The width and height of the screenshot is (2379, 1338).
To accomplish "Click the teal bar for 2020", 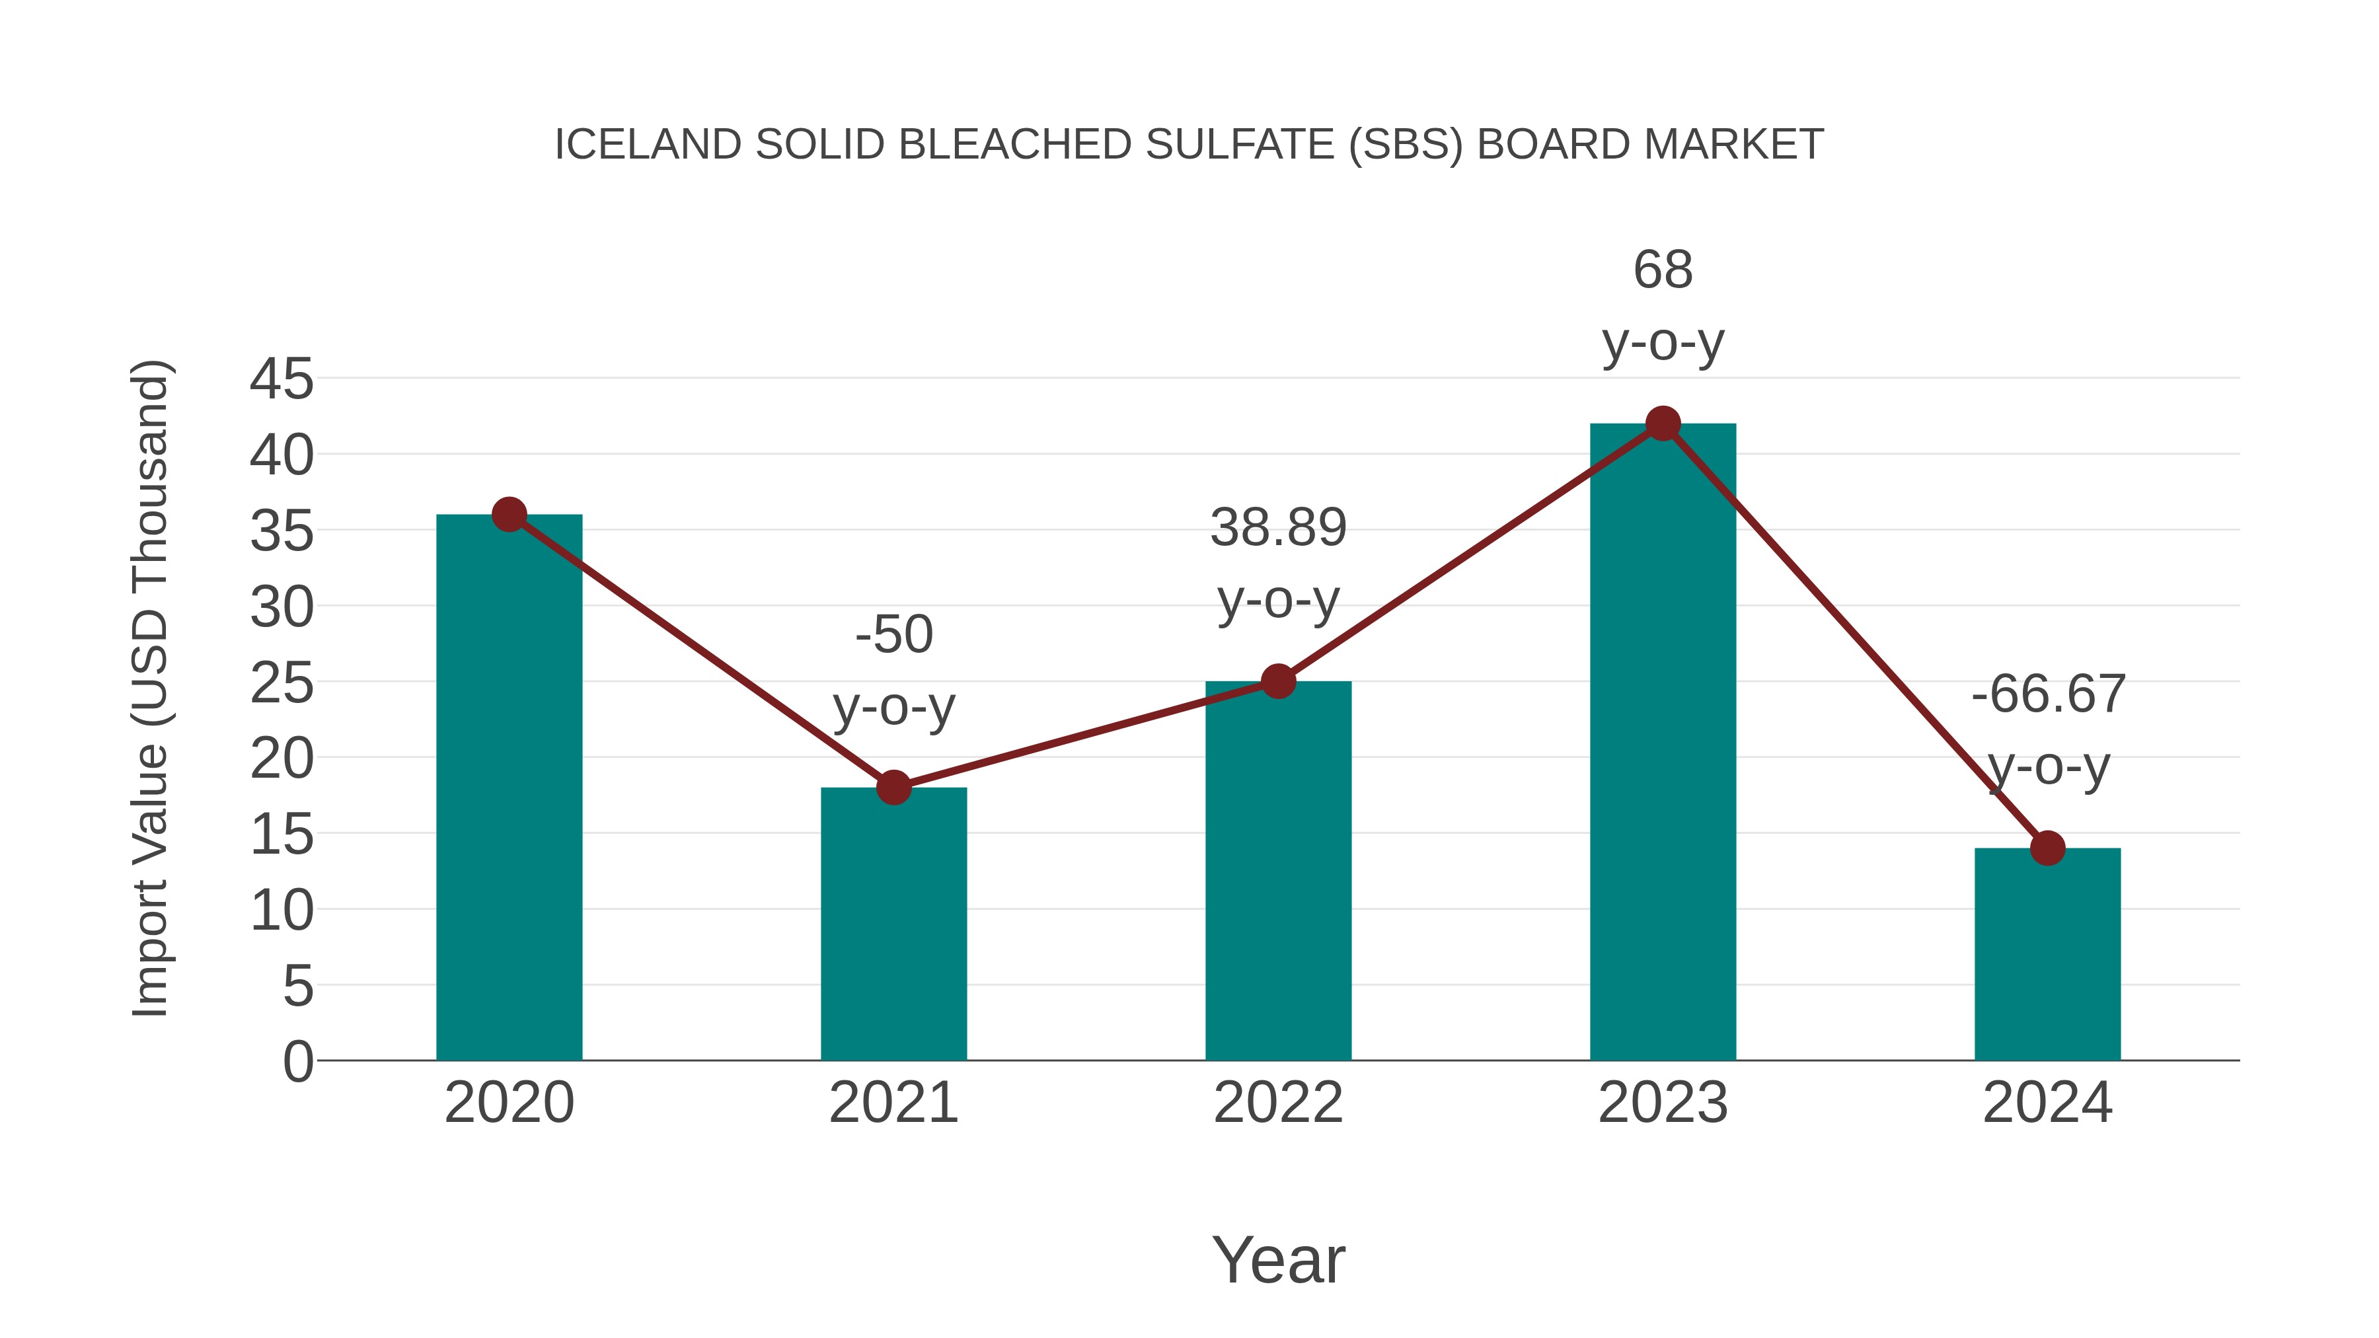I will click(x=509, y=794).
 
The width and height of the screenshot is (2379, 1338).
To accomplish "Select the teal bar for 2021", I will click(x=893, y=924).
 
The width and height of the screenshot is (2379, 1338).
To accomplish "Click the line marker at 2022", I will click(x=1278, y=681).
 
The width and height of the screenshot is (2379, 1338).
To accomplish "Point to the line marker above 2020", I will click(x=509, y=514).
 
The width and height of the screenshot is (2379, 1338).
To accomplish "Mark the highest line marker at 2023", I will click(x=1663, y=424).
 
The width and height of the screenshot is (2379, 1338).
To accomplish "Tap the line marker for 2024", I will click(x=2047, y=848).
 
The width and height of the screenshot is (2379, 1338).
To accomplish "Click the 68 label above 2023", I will click(x=1663, y=270).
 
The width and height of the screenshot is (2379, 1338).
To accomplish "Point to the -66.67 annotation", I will click(x=2047, y=694).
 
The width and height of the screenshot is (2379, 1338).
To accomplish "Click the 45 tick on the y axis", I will click(x=282, y=379).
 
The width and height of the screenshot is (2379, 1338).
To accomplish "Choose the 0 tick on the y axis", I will click(x=297, y=1062).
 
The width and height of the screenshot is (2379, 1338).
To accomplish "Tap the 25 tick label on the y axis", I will click(x=282, y=685).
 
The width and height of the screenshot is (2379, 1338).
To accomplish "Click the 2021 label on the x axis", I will click(x=893, y=1103).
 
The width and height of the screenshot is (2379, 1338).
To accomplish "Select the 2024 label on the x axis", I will click(x=2047, y=1103).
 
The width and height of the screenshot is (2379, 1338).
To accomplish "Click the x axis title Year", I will click(x=1278, y=1261).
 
